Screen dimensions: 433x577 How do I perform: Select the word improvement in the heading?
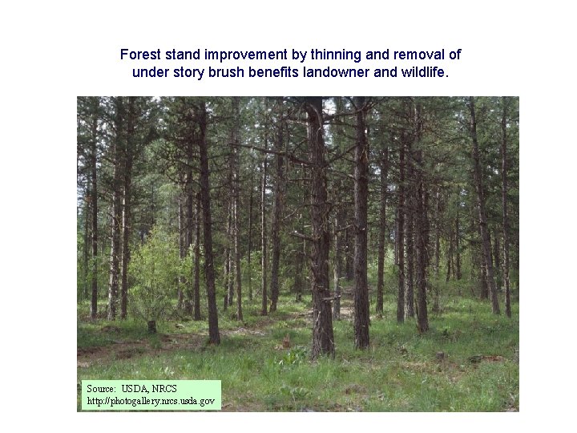[241, 55]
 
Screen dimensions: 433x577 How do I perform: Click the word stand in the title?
[183, 55]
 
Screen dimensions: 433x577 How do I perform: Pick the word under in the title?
[150, 72]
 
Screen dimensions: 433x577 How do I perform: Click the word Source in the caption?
[101, 389]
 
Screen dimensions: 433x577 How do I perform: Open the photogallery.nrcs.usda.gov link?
[150, 400]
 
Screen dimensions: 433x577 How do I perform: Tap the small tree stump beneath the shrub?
[151, 326]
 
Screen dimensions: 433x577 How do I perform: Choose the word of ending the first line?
[454, 55]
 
